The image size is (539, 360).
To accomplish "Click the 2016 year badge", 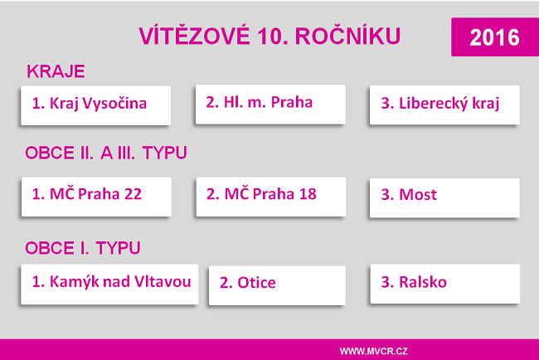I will point(494,36).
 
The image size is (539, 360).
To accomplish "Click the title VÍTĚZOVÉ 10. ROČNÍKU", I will point(269,36).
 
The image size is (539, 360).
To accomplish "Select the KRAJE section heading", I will point(56,71).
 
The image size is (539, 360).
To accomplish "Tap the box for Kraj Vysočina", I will point(95,105).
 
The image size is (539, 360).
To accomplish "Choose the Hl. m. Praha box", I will point(269,103).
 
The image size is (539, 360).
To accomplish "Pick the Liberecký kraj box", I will point(444,105).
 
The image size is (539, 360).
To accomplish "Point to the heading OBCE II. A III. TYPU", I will point(106,153).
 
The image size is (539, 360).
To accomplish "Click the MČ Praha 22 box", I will point(95,196).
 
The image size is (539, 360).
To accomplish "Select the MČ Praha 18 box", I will point(270,196).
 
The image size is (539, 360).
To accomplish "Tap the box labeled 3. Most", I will point(444,197).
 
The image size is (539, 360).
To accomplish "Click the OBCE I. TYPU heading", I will point(83,247).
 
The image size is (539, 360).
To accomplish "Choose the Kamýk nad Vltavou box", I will point(111,282).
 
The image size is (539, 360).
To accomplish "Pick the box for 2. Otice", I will point(276,284).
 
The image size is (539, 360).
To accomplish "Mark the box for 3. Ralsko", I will point(444,283).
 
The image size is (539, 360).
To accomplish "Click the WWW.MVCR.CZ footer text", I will point(374,350).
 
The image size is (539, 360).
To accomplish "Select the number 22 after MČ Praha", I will point(132,196).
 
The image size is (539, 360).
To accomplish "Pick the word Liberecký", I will point(432,105).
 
